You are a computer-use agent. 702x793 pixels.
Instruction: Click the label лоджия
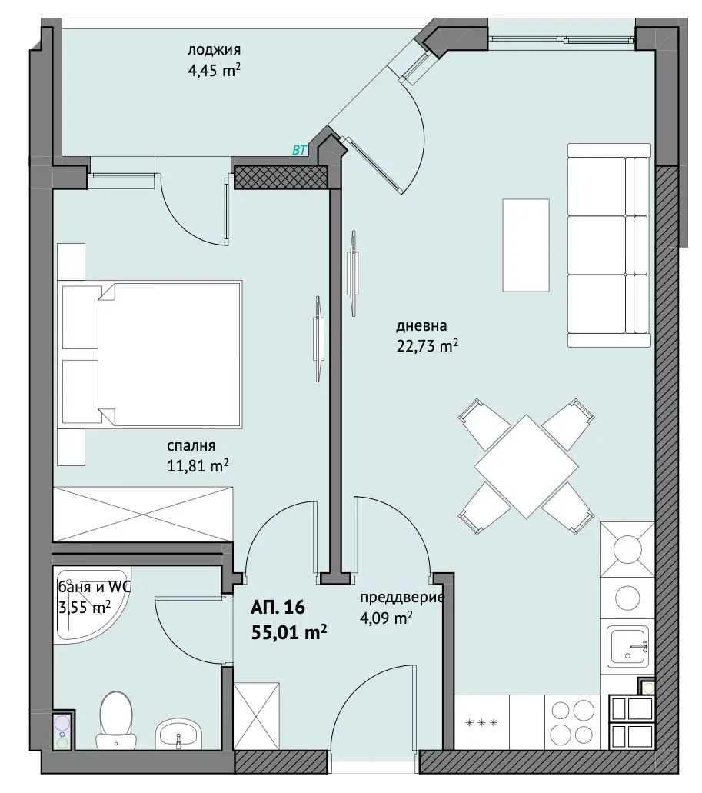214,49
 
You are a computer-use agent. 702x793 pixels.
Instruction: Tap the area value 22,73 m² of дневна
427,346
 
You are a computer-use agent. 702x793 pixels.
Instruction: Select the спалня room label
191,446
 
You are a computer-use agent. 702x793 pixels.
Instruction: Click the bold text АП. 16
278,607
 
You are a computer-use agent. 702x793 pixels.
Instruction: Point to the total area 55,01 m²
288,631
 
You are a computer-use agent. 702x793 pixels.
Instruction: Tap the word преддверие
402,598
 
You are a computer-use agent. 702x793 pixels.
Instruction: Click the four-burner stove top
572,721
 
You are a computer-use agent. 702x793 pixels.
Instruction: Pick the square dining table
526,466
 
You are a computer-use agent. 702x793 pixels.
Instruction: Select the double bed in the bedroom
151,353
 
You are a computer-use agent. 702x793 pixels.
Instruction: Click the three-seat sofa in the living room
608,245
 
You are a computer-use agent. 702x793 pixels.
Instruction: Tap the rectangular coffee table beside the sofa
526,245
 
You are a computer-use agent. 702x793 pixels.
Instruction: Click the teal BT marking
299,150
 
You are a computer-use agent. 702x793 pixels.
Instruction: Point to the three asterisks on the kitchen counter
481,723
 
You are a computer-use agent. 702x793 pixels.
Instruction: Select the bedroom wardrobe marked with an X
143,515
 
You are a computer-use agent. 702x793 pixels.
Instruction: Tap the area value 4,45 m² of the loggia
214,70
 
